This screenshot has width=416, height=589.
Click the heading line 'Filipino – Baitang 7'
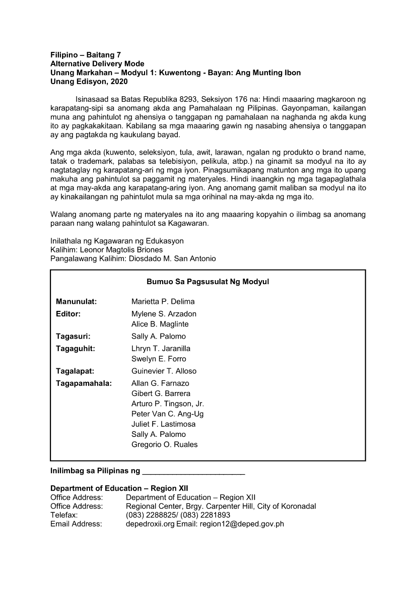click(x=86, y=55)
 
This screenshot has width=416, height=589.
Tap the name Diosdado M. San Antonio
click(x=172, y=258)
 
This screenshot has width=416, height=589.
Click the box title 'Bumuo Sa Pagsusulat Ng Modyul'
click(x=207, y=282)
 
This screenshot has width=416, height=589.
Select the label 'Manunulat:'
click(x=76, y=301)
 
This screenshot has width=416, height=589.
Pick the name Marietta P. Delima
click(x=163, y=301)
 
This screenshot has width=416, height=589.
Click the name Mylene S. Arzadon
click(x=164, y=314)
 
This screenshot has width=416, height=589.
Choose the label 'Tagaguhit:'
click(x=76, y=348)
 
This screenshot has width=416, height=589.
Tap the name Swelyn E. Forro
click(x=159, y=359)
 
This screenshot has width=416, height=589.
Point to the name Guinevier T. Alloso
click(x=164, y=371)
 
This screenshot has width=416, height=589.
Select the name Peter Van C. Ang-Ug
click(x=167, y=414)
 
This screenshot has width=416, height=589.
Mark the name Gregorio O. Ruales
click(x=164, y=444)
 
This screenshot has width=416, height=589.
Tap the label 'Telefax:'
click(x=64, y=515)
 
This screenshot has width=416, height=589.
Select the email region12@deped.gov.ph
click(x=242, y=524)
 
